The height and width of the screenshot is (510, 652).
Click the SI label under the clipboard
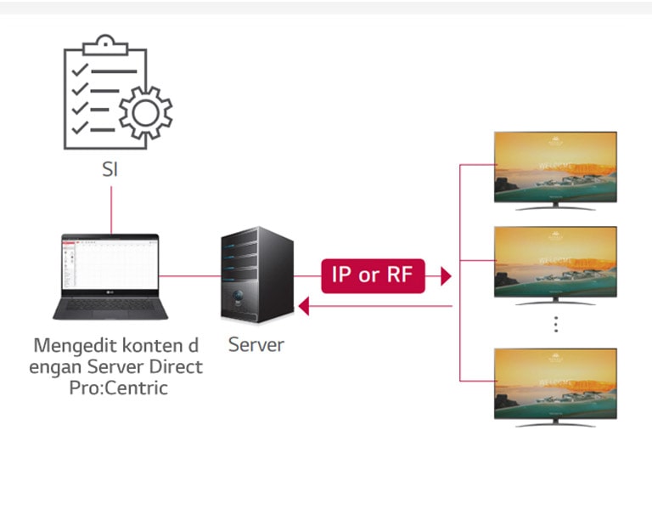pyautogui.click(x=110, y=168)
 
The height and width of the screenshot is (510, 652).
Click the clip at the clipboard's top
pyautogui.click(x=104, y=42)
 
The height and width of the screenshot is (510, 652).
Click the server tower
pyautogui.click(x=256, y=274)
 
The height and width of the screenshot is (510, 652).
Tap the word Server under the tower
pyautogui.click(x=256, y=345)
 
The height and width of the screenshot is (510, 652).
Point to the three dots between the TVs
pyautogui.click(x=555, y=324)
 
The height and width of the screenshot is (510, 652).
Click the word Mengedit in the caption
pyautogui.click(x=71, y=347)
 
